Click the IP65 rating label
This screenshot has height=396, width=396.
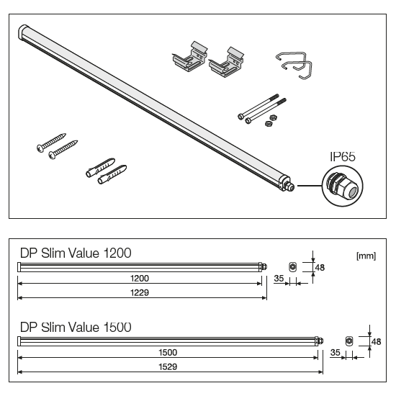(343, 156)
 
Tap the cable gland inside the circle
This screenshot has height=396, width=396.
(342, 185)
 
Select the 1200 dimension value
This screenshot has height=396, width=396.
(140, 279)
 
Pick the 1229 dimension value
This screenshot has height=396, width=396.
(140, 293)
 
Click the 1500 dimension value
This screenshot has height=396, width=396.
(168, 352)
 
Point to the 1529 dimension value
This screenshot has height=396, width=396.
(168, 366)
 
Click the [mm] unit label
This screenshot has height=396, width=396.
(366, 256)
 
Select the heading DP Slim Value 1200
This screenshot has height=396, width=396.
(76, 253)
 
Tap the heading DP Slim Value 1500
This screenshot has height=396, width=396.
(76, 328)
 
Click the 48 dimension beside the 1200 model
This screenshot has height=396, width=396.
(320, 267)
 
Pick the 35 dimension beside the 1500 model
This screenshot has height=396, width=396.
(335, 352)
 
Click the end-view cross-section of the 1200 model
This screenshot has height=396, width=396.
(293, 267)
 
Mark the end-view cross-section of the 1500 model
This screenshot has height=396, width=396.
(349, 341)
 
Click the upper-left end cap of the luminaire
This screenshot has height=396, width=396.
(23, 32)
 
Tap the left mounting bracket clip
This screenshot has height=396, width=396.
(190, 57)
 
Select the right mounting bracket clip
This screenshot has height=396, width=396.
(226, 63)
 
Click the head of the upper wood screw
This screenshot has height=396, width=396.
(40, 148)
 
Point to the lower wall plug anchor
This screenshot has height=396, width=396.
(112, 175)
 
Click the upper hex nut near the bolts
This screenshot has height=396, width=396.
(272, 117)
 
